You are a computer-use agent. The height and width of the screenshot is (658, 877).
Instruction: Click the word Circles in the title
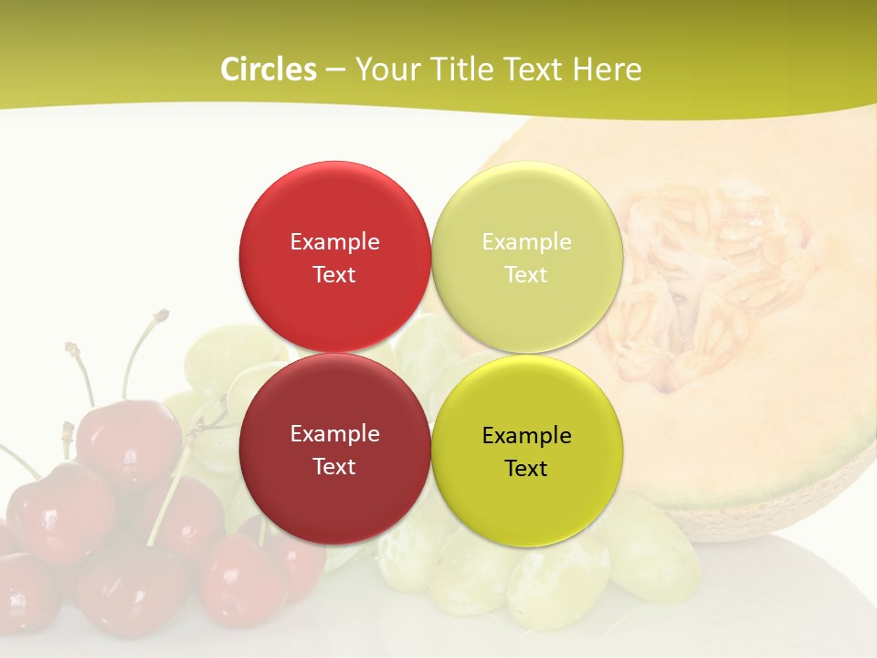(x=268, y=69)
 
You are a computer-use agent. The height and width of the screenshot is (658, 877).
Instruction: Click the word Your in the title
(x=387, y=69)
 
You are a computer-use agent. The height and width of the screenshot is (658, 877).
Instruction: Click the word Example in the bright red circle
(x=334, y=241)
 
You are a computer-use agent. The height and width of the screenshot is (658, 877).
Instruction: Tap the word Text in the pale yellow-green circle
(x=526, y=274)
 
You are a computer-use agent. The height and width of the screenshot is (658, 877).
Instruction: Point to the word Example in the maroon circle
(x=334, y=433)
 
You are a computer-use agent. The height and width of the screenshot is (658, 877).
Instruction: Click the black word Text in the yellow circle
(x=526, y=468)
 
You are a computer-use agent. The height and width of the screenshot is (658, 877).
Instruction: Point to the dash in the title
(x=335, y=69)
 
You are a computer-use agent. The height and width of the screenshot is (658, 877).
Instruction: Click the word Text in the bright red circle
(x=334, y=274)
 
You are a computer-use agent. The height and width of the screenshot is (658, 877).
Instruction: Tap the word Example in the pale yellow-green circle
(x=526, y=241)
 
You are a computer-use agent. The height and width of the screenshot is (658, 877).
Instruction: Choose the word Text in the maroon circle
(x=334, y=466)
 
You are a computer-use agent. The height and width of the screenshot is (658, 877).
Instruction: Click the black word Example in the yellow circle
(x=526, y=435)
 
